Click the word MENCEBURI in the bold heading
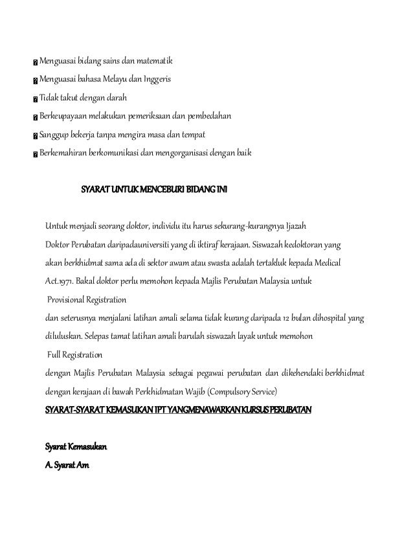(158, 191)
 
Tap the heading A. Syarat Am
(67, 466)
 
